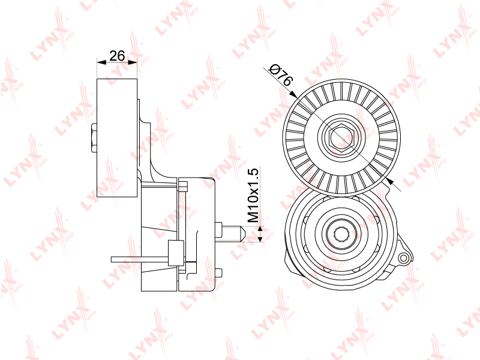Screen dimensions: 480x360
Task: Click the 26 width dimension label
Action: (117, 56)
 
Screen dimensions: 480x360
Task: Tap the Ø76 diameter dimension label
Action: (280, 74)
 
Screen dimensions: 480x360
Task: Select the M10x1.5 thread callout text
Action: (253, 195)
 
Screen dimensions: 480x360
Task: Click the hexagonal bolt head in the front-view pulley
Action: (341, 137)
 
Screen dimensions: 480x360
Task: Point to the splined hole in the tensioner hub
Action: (341, 234)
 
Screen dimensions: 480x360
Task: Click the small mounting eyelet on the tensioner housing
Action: (404, 258)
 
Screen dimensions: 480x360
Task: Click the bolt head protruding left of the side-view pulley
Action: (94, 138)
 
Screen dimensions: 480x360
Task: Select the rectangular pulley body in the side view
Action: (117, 138)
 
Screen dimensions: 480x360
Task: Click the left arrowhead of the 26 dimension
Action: (101, 62)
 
